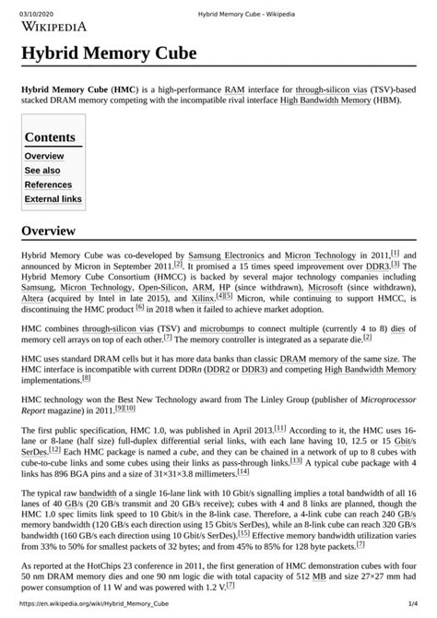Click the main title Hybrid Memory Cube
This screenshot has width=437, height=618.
click(x=110, y=54)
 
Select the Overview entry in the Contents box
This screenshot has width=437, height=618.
click(x=43, y=156)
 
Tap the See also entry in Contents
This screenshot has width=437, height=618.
click(x=42, y=171)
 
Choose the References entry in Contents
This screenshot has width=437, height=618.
click(x=48, y=184)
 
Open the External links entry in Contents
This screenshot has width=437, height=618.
click(x=53, y=198)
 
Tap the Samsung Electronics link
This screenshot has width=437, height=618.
click(x=226, y=254)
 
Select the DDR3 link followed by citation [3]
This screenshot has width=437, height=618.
click(x=376, y=265)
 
